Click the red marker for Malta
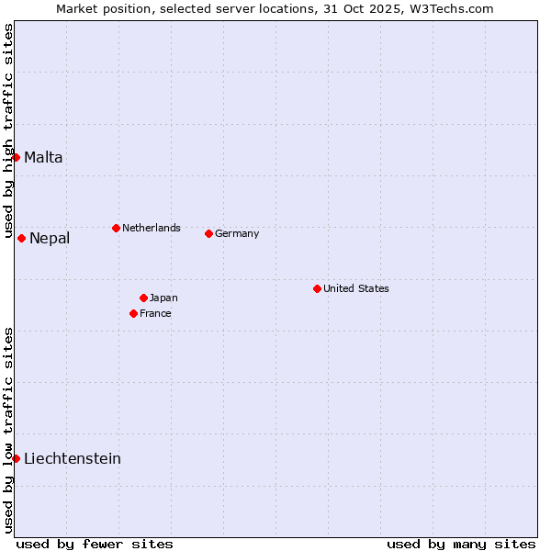[16, 157]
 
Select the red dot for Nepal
[21, 238]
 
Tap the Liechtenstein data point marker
[16, 458]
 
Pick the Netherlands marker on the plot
[116, 228]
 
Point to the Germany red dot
[208, 233]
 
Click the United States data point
[317, 288]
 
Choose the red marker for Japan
[143, 298]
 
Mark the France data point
[133, 313]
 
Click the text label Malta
[43, 157]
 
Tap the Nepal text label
[50, 239]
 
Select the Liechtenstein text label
[73, 458]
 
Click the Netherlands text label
[152, 228]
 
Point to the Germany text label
[237, 233]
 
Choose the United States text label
[356, 288]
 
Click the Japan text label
[163, 298]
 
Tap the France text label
[155, 313]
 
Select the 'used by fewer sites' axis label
[95, 544]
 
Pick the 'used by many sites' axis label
[461, 544]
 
